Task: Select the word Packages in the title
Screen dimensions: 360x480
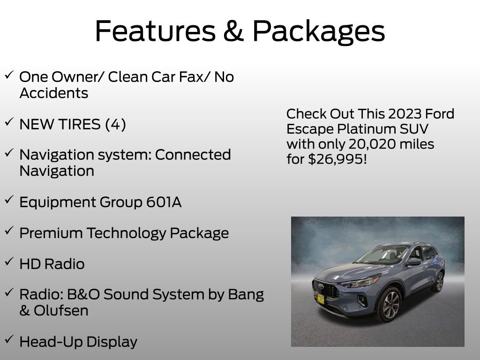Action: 318,32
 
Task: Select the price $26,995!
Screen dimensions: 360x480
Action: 337,159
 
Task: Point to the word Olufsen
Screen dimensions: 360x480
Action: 61,310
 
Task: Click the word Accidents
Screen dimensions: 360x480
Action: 54,93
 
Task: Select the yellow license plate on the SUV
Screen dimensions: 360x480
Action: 321,298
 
